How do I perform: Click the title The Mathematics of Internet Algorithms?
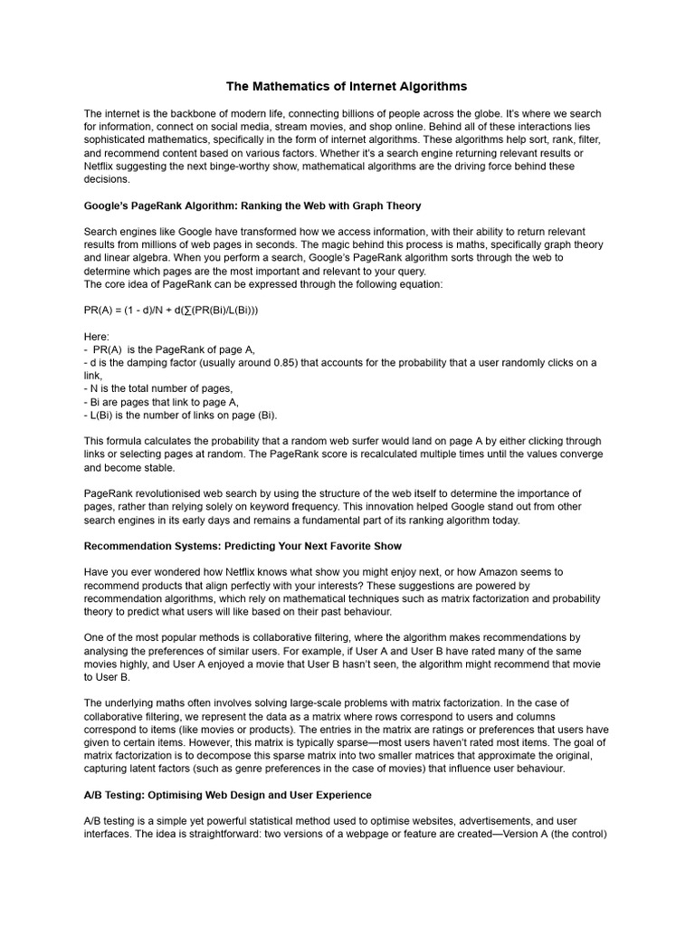point(347,86)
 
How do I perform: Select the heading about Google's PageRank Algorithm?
point(252,205)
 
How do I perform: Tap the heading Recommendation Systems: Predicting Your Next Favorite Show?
point(243,546)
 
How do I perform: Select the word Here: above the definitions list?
point(96,336)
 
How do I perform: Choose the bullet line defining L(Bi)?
point(180,415)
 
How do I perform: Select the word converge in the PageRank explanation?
point(578,454)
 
